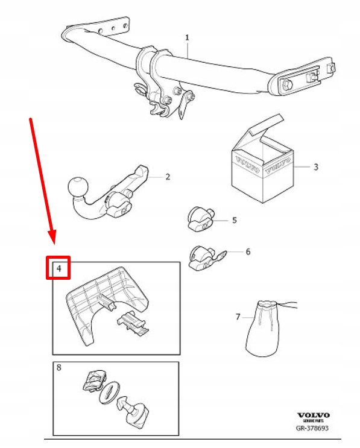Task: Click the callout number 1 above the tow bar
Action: pyautogui.click(x=187, y=37)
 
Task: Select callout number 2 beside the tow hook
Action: pyautogui.click(x=168, y=177)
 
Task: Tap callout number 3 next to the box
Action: pyautogui.click(x=315, y=166)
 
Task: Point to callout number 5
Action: pyautogui.click(x=235, y=220)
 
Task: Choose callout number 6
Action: pyautogui.click(x=247, y=251)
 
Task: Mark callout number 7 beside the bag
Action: pyautogui.click(x=238, y=316)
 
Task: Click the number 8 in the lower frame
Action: pyautogui.click(x=59, y=367)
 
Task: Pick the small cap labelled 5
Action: pyautogui.click(x=200, y=218)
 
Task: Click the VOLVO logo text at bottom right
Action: pyautogui.click(x=313, y=415)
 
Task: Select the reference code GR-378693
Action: pyautogui.click(x=312, y=429)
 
